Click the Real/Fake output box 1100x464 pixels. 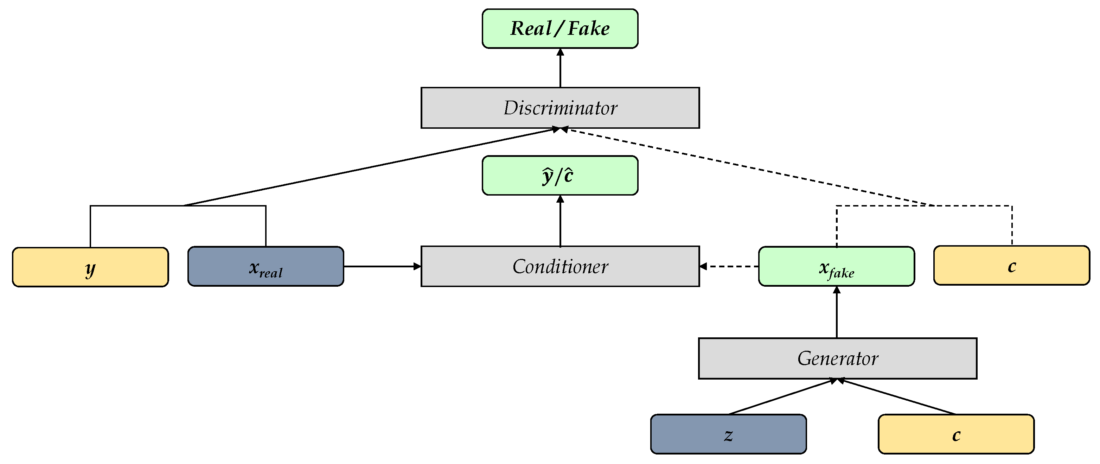560,28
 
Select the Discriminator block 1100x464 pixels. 560,108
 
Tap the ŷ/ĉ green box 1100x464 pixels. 560,175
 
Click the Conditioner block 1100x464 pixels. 560,266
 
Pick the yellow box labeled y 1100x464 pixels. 90,267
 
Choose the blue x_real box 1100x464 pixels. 266,266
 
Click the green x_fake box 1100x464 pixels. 836,266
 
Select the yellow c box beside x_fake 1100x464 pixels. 1011,265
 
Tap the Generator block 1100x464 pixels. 837,358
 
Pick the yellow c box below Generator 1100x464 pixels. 956,434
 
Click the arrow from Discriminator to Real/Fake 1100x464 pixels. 560,68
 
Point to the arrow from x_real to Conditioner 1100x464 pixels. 382,266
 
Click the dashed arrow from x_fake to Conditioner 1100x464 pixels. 729,266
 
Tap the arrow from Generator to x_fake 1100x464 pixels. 837,312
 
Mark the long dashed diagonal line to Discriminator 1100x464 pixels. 747,167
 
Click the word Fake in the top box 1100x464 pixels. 588,28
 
